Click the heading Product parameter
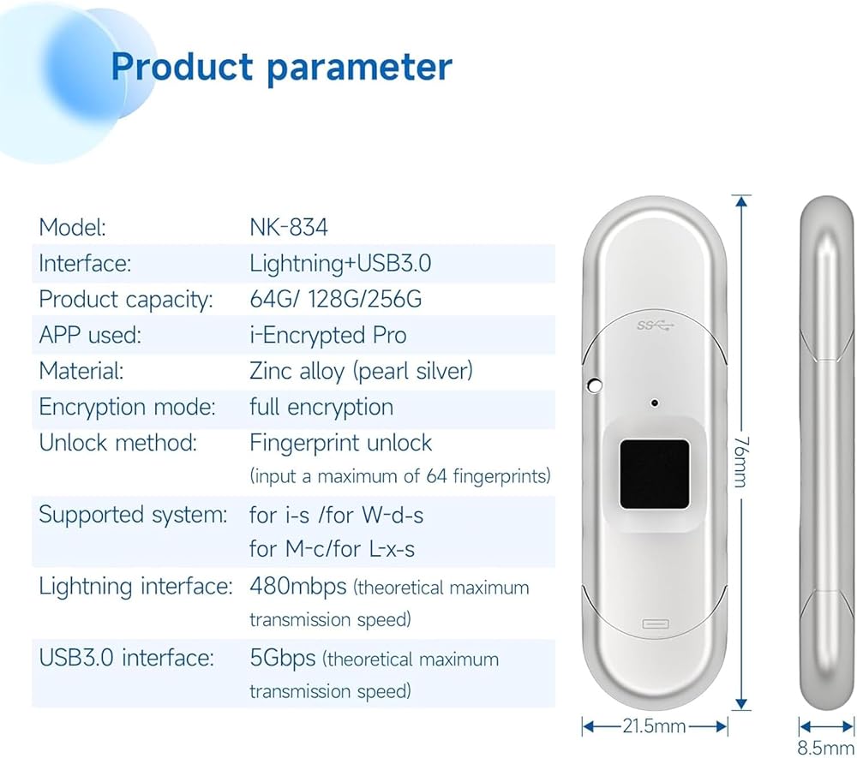click(x=281, y=67)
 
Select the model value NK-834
click(x=289, y=227)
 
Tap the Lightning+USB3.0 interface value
click(x=340, y=263)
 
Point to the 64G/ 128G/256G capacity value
click(x=336, y=299)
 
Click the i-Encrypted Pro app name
click(x=328, y=335)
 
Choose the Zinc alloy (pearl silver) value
click(x=362, y=372)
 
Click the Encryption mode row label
click(x=128, y=408)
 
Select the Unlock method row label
click(x=118, y=443)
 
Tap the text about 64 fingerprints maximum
click(x=400, y=476)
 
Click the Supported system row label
click(x=133, y=515)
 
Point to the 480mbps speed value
click(x=298, y=587)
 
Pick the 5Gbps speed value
click(x=283, y=658)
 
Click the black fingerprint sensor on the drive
click(x=654, y=474)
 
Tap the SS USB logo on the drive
click(x=656, y=326)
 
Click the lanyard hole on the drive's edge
click(x=594, y=385)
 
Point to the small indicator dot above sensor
click(x=654, y=403)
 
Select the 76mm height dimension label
click(x=740, y=462)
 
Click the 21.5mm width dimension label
click(x=654, y=726)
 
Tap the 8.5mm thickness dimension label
click(x=825, y=748)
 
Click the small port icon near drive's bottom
click(x=656, y=624)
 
